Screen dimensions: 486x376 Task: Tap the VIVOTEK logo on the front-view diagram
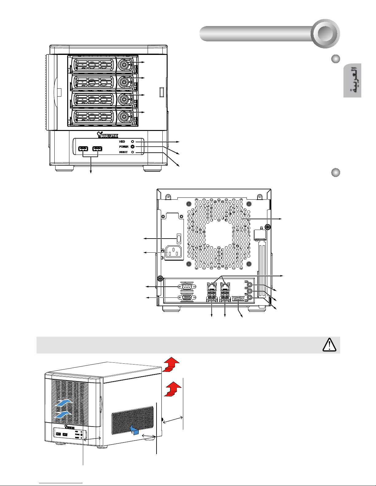107,135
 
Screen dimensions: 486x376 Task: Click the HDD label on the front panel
122,142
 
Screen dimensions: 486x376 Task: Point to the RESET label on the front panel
123,152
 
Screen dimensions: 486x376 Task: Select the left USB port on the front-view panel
83,149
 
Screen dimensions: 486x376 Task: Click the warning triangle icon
330,345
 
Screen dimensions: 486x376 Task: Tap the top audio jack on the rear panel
250,284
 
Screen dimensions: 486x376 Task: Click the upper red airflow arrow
170,364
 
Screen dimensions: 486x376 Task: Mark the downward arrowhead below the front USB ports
91,173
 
